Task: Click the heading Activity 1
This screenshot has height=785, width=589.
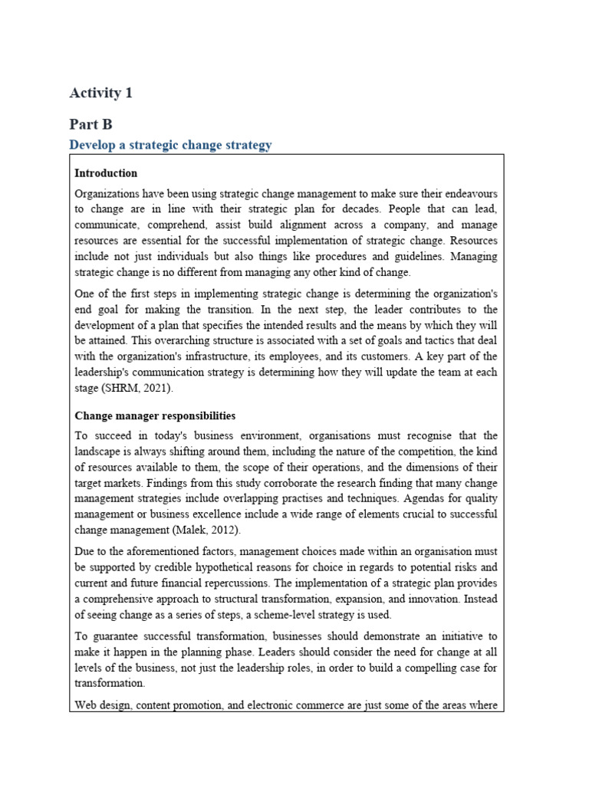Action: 100,94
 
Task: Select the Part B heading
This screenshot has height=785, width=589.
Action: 90,123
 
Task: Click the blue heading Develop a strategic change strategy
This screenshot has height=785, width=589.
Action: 170,145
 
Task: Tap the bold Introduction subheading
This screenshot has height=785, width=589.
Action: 106,173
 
